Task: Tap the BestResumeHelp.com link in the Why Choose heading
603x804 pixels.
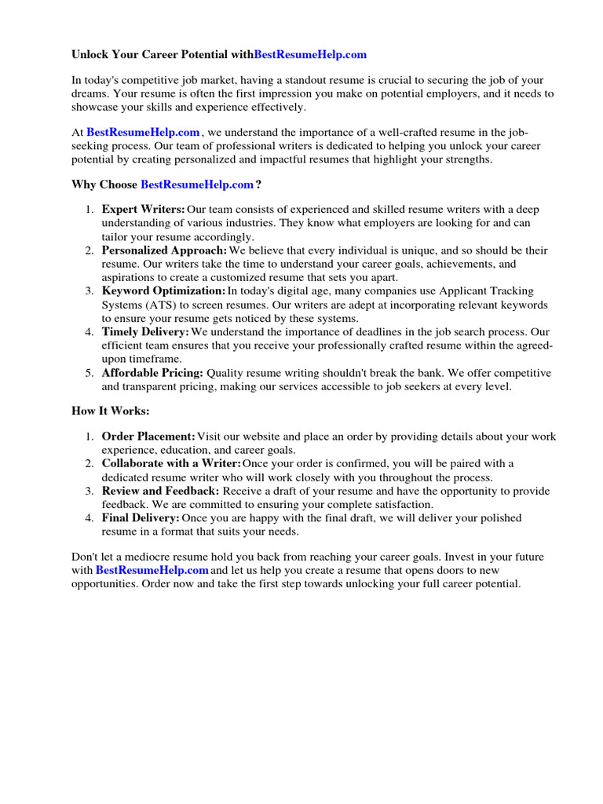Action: [197, 185]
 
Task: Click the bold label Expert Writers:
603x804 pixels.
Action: [143, 210]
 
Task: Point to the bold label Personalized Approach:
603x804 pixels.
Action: [164, 250]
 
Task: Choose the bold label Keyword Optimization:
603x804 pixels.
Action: [163, 291]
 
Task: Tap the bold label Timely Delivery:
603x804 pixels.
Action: [145, 332]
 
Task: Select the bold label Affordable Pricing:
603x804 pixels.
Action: [152, 373]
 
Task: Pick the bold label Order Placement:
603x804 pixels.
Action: [148, 436]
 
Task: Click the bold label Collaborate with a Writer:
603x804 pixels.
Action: [171, 463]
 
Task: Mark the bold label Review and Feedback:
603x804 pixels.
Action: [160, 491]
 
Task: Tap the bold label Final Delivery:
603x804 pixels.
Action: [141, 518]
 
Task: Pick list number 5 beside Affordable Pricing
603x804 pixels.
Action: [90, 373]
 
